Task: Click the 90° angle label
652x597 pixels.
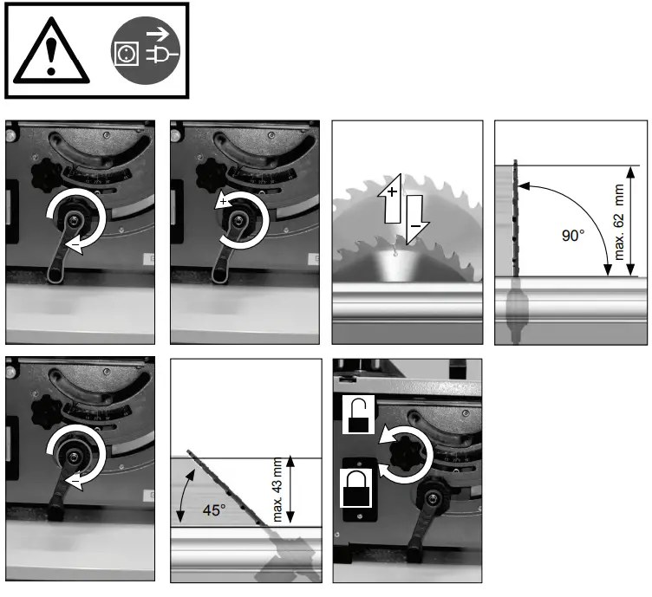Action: [x=574, y=235]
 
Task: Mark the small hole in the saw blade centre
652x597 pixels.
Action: [x=395, y=254]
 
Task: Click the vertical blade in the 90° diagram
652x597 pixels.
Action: [x=515, y=221]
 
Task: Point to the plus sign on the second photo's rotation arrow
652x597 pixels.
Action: [x=224, y=201]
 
